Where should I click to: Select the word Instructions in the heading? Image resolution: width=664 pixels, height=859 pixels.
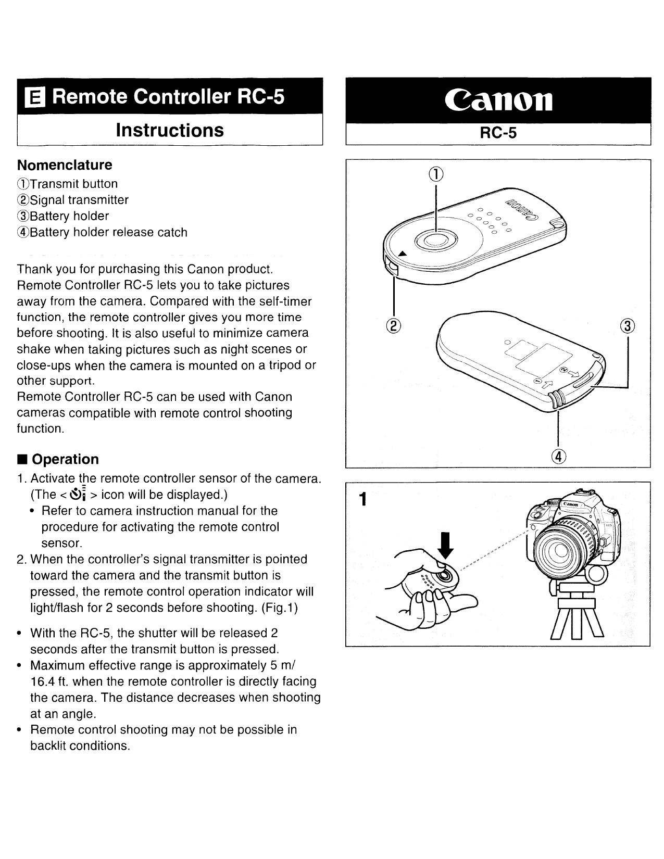(170, 130)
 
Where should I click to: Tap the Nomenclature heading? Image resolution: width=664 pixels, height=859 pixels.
(65, 165)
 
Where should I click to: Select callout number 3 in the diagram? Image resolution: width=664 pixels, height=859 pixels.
(629, 325)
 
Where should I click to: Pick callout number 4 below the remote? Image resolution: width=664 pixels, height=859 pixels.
(559, 456)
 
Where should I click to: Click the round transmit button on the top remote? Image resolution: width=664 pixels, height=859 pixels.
(436, 239)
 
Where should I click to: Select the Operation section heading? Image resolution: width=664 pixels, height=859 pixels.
(65, 459)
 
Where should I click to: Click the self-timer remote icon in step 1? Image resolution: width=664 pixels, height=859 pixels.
(76, 494)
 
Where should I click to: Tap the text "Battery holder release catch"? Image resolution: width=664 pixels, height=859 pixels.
(108, 232)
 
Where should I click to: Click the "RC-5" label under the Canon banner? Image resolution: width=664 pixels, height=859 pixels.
(498, 133)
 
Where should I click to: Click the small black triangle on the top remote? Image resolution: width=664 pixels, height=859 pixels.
(402, 254)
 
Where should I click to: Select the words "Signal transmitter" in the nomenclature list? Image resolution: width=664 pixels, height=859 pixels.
(79, 200)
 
